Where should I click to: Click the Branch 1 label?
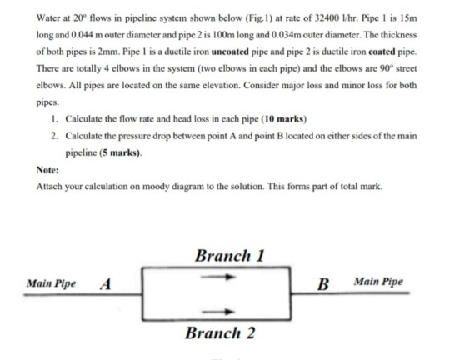(x=230, y=256)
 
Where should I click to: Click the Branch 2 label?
(x=220, y=333)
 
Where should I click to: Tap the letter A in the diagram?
(x=106, y=284)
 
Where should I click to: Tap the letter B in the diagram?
(x=323, y=284)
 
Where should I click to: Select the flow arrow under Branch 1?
(x=218, y=277)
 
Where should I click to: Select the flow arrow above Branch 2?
(x=218, y=312)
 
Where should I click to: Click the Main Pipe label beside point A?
(x=51, y=283)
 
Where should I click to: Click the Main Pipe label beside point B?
(x=378, y=282)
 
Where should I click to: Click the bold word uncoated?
(x=230, y=52)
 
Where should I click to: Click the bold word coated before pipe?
(x=382, y=52)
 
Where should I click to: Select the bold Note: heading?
(x=47, y=170)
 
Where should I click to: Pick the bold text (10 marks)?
(x=283, y=119)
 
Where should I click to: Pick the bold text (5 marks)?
(x=120, y=152)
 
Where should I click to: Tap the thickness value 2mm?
(x=109, y=52)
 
